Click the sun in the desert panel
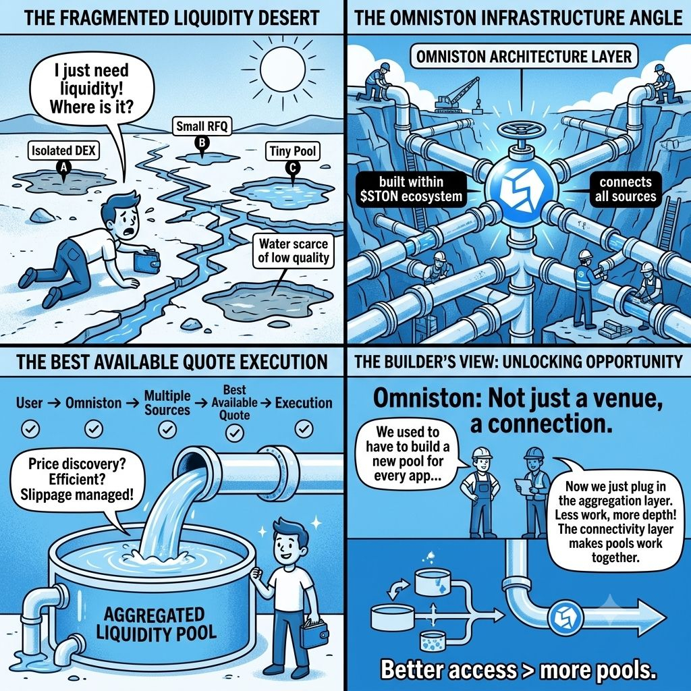[x=283, y=68]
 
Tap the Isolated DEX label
[x=63, y=150]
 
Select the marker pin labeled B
[x=202, y=143]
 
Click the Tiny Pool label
[x=293, y=151]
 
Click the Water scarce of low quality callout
[x=293, y=250]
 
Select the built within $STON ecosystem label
[x=411, y=189]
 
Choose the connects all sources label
[x=626, y=189]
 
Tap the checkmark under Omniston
[x=93, y=429]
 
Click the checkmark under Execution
[x=304, y=429]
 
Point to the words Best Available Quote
[x=234, y=402]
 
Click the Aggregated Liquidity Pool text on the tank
[x=156, y=623]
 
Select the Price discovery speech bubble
[x=77, y=479]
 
